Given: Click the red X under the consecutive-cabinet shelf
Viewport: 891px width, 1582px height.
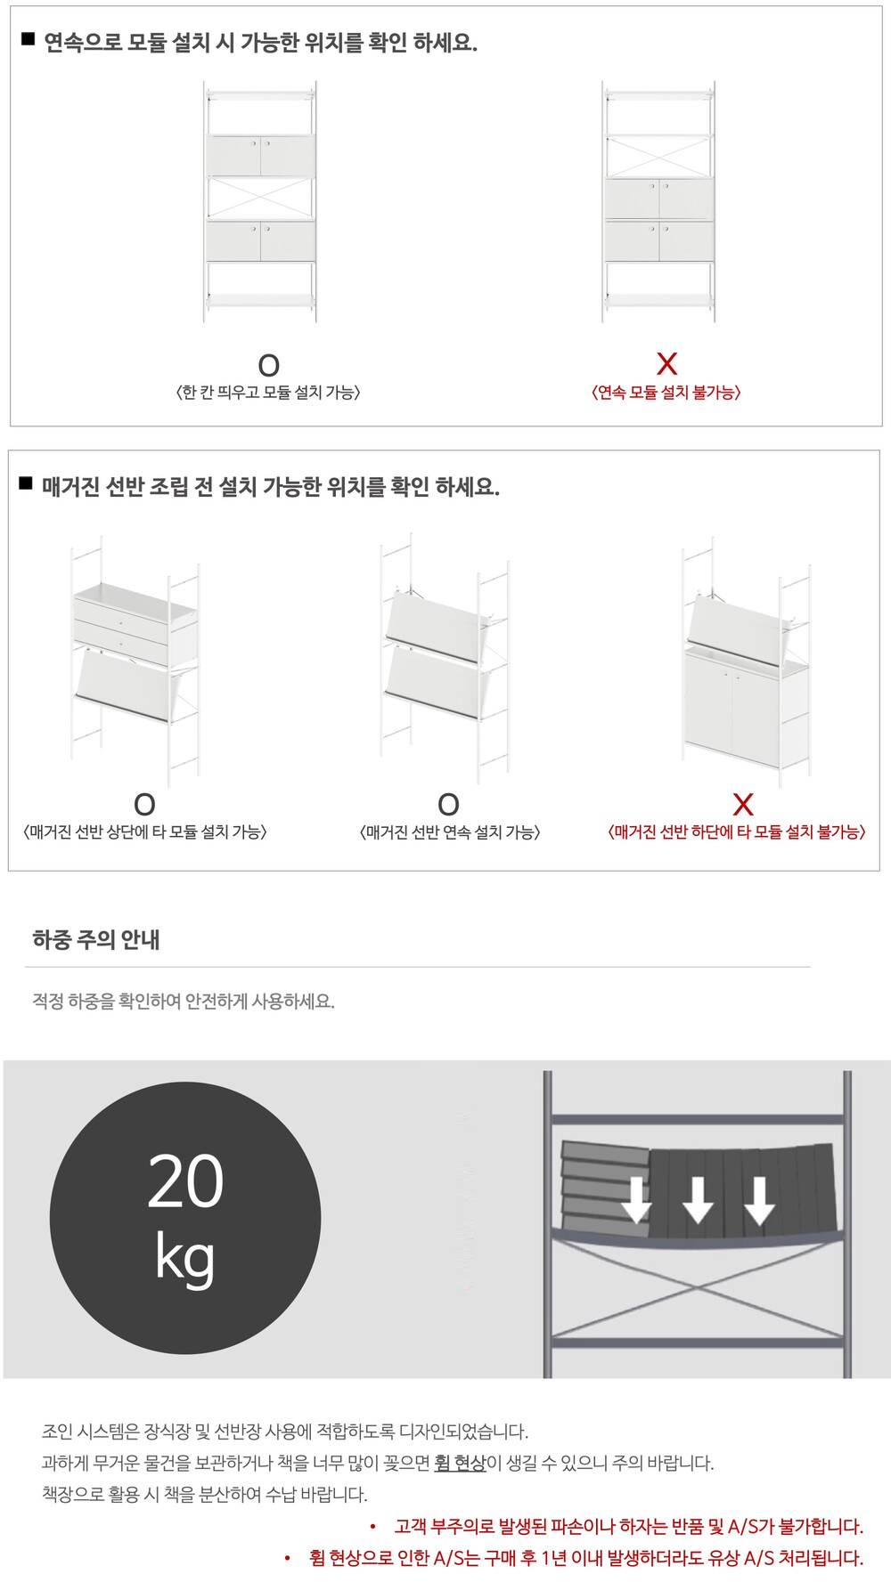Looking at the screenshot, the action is (666, 363).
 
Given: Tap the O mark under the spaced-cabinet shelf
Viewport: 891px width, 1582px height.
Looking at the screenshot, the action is (268, 365).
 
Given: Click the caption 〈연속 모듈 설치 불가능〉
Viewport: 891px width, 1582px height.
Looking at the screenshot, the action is (666, 393).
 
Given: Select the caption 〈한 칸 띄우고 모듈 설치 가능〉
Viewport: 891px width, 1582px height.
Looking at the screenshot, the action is (268, 393).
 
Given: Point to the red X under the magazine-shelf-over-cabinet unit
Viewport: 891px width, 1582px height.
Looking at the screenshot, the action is (742, 805).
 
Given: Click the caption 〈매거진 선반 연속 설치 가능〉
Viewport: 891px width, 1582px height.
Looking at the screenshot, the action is (449, 832).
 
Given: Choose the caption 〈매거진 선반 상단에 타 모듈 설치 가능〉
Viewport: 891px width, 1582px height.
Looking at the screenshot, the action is (145, 832).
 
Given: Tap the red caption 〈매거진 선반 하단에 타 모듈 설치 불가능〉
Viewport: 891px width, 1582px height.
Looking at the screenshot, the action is (737, 832).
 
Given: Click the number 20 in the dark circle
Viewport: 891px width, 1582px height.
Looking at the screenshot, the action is (185, 1181).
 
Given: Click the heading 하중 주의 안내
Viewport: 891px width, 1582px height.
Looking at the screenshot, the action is (96, 940).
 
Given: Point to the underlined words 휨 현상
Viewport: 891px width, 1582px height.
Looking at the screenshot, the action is (460, 1463).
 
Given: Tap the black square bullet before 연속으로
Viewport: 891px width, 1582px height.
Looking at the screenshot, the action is (28, 39).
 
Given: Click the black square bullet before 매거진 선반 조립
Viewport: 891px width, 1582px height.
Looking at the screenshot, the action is (26, 484).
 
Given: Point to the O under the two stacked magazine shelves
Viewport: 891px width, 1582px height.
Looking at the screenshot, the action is (448, 805).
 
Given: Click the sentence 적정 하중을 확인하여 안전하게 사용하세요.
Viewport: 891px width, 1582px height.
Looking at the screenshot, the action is (184, 1001).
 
